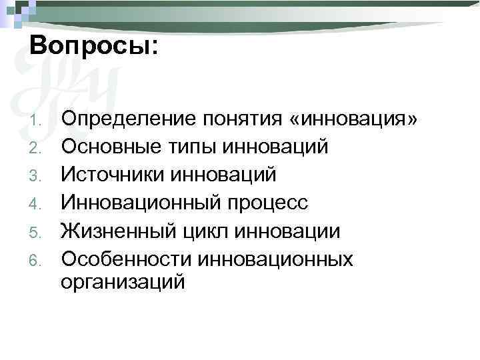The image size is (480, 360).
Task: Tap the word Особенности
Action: point(129,259)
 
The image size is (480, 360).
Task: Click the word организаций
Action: point(123,283)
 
